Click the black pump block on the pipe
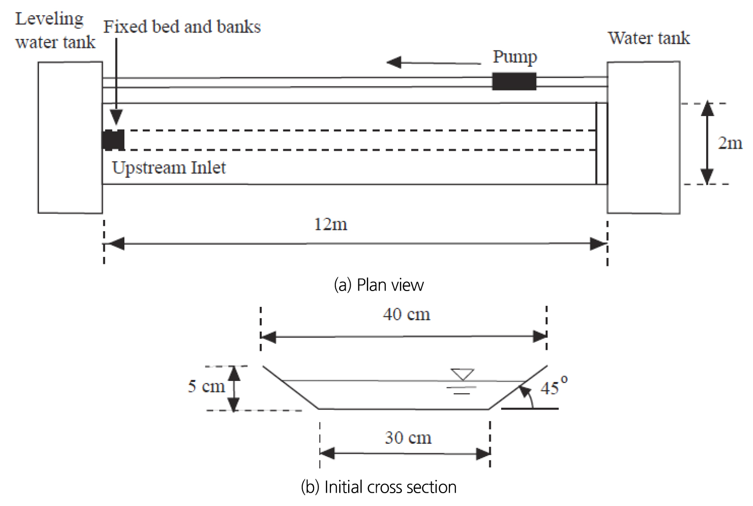[x=514, y=82]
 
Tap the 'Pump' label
[x=515, y=57]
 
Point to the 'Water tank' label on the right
[x=648, y=38]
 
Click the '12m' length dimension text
[x=330, y=225]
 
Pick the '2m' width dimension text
[x=730, y=143]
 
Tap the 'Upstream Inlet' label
[x=168, y=168]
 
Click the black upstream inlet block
[x=113, y=140]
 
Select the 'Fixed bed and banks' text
[x=182, y=27]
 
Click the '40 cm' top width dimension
[x=406, y=314]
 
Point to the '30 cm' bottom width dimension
[x=408, y=438]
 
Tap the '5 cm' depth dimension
[x=206, y=386]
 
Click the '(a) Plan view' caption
[x=379, y=285]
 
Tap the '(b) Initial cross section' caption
[x=379, y=487]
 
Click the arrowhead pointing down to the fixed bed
[x=116, y=117]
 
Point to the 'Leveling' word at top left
[x=49, y=19]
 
